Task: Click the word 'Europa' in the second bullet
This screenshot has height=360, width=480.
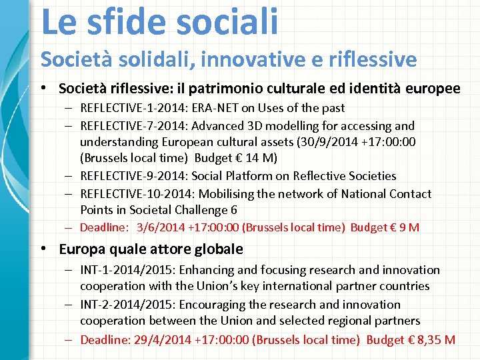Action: [x=80, y=249]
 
